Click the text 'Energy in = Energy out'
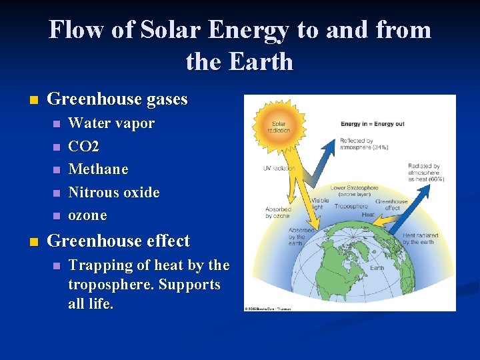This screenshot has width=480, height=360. tap(373, 125)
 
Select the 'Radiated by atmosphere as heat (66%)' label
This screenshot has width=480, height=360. tap(425, 173)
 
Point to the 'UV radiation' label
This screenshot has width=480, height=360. tap(279, 168)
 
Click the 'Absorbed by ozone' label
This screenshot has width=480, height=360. tap(277, 213)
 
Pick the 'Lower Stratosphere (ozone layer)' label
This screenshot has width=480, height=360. tap(354, 191)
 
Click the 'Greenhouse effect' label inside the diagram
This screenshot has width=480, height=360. tap(391, 205)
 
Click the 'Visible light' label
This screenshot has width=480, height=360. tap(319, 203)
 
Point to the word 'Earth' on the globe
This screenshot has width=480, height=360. tap(377, 267)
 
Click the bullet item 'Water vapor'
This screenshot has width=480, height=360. tap(111, 123)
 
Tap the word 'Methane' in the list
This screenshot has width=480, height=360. tap(98, 169)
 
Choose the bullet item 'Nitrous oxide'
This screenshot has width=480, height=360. tap(114, 193)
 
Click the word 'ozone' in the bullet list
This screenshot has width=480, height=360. tap(87, 215)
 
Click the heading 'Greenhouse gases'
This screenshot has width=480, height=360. tap(117, 100)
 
